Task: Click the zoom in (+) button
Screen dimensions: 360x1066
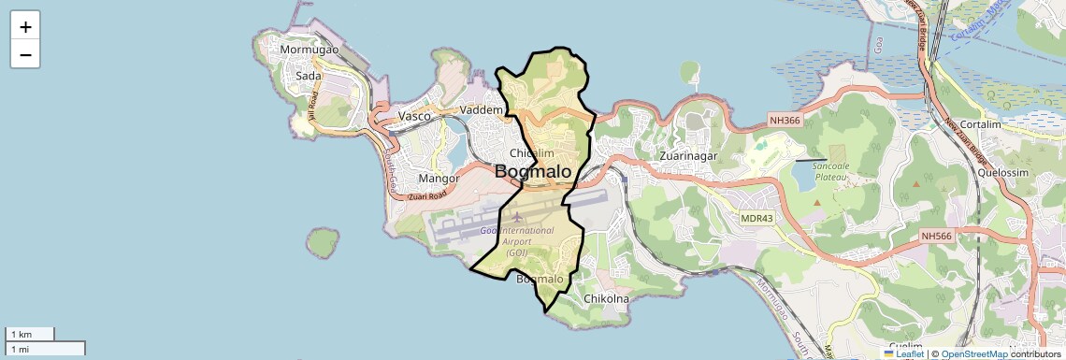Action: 25,27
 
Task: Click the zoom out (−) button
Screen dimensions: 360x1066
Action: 25,55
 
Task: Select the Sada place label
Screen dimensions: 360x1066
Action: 309,76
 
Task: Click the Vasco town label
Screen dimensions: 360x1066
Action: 414,116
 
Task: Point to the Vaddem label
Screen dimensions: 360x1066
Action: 482,110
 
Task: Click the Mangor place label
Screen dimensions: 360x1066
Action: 439,178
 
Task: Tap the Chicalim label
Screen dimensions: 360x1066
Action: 533,153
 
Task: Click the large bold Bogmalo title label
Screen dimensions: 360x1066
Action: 533,172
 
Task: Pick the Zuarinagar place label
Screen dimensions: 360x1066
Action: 688,156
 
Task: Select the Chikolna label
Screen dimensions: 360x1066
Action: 606,298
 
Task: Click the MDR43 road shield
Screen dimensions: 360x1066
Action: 757,218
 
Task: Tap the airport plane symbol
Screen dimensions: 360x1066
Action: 518,217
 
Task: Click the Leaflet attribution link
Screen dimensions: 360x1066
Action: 909,353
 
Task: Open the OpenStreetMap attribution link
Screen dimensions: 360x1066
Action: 974,353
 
